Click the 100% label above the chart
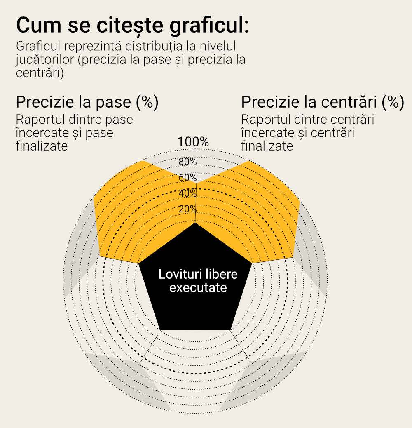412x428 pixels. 193,142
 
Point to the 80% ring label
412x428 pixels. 187,161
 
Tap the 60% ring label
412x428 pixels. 187,178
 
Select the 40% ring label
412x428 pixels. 187,193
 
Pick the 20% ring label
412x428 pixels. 187,209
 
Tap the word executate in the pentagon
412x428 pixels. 198,287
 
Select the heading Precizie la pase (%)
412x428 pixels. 87,102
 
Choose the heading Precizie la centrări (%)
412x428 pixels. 322,102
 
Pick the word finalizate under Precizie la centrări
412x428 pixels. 267,146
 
